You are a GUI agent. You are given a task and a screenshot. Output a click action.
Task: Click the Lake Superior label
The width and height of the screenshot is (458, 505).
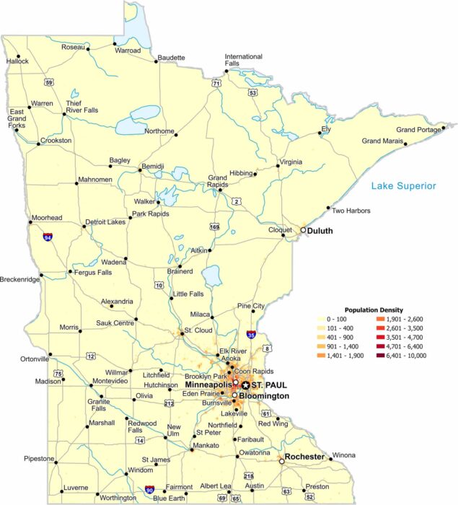[404, 186]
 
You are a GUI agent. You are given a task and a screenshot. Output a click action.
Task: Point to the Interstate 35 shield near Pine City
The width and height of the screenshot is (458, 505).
[250, 335]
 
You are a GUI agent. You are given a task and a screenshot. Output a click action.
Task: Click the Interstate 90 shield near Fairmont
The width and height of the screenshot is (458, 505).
[149, 489]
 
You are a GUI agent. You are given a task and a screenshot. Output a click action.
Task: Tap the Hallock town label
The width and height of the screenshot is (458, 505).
[17, 61]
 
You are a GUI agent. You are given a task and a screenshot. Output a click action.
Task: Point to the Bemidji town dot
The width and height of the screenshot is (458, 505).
[140, 171]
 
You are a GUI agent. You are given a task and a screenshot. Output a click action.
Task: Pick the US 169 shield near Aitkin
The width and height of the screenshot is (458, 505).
[215, 227]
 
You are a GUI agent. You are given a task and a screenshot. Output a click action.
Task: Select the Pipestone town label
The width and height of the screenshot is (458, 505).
[39, 458]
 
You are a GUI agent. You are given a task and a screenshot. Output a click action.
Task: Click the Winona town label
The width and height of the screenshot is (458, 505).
[343, 455]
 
